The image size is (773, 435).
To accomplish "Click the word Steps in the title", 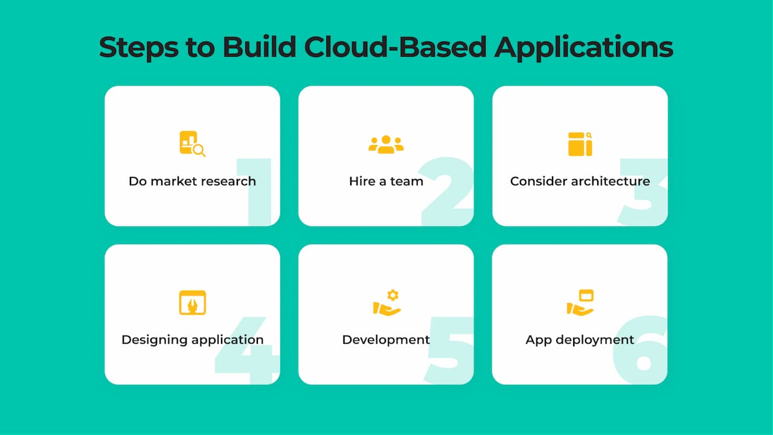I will pos(138,48).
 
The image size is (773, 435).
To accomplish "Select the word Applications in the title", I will pos(583,48).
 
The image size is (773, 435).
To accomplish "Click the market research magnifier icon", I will pos(192,144).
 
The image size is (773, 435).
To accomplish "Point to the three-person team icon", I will pos(386,144).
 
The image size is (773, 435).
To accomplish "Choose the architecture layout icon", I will pos(580,144).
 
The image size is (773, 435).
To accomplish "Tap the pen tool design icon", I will pos(192,302).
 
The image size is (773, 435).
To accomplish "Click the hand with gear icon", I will pos(386,303).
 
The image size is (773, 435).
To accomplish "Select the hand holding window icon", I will pos(580,303).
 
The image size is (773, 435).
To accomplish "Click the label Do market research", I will pos(192,181).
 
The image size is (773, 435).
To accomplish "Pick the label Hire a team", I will pos(386,181).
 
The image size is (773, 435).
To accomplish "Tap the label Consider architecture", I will pos(580,181).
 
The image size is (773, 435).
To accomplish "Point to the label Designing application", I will pos(192,340).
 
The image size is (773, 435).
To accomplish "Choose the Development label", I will pos(386,340).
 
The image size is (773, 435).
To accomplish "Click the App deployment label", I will pos(580,340).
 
